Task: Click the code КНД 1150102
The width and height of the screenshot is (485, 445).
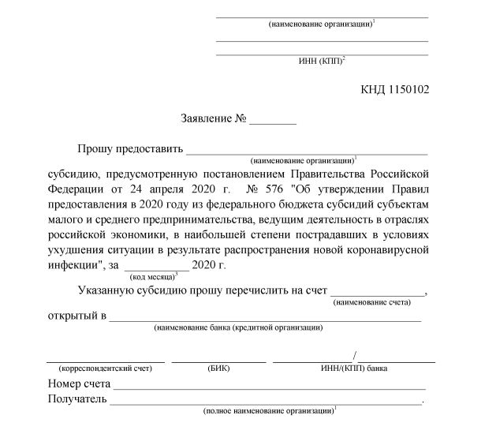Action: [394, 89]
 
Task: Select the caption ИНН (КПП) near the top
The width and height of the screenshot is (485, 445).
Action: [319, 60]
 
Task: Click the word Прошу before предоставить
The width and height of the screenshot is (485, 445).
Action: [93, 148]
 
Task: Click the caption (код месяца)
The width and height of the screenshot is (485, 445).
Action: [151, 277]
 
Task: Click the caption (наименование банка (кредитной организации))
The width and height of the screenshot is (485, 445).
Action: [238, 326]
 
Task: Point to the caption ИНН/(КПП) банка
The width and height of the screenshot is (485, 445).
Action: [353, 368]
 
